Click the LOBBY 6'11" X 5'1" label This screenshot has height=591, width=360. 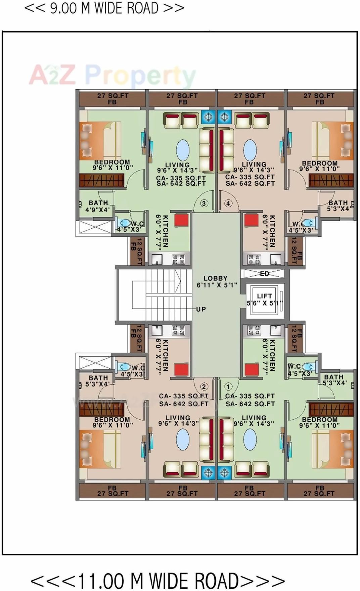click(217, 281)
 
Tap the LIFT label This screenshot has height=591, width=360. click(265, 296)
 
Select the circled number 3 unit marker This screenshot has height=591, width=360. click(204, 203)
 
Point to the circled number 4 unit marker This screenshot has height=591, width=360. click(228, 203)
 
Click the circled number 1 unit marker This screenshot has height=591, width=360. click(228, 387)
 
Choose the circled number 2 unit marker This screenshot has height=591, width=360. click(204, 387)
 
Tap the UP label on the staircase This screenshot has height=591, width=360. click(201, 309)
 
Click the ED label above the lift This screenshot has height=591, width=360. click(265, 274)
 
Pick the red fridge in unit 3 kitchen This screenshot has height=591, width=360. click(181, 221)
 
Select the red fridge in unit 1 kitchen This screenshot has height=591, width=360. click(252, 369)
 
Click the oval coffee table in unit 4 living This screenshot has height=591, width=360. click(250, 150)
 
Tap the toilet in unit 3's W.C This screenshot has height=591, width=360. click(124, 223)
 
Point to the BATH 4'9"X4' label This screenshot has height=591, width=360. click(98, 206)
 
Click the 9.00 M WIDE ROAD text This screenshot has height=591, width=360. click(104, 8)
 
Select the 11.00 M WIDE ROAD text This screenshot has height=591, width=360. click(158, 580)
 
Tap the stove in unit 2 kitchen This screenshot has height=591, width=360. click(178, 330)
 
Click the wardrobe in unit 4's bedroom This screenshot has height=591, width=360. click(331, 180)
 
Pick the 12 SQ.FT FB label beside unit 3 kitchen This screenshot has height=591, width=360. click(136, 251)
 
